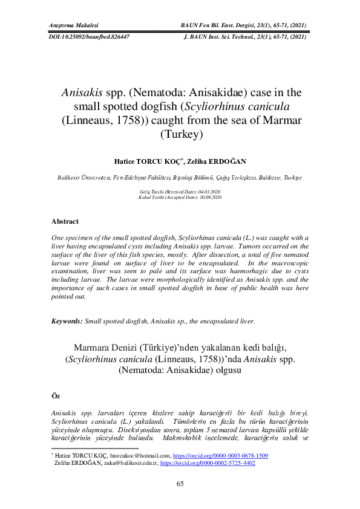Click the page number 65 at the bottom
click(180, 484)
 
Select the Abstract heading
click(65, 221)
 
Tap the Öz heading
click(56, 395)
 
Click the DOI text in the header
click(88, 37)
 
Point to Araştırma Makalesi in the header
click(73, 25)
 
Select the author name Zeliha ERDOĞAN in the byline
click(220, 163)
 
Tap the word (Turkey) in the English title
click(180, 134)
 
